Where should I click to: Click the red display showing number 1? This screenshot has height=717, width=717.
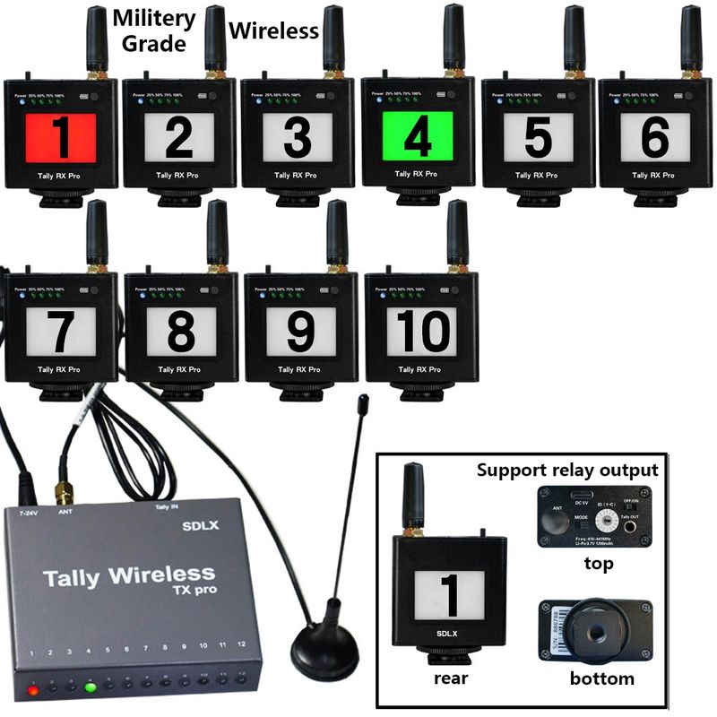coord(61,138)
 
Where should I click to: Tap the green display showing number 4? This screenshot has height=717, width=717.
coord(417,138)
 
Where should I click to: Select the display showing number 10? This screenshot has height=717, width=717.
coord(422,332)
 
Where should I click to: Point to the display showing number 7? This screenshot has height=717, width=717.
coord(61,332)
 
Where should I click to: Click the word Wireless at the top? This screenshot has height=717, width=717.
coord(273,30)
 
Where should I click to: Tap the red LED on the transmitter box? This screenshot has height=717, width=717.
coord(33,689)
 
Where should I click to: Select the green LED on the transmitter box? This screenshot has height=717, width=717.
coord(90,688)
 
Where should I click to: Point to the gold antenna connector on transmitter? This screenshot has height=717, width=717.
coord(64,493)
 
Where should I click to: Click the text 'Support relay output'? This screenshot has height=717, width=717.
coord(567,470)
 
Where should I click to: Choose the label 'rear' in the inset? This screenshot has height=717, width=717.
coord(450,678)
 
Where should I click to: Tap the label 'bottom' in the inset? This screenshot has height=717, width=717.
coord(602,678)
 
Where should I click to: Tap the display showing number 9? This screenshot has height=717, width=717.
coord(301,332)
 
